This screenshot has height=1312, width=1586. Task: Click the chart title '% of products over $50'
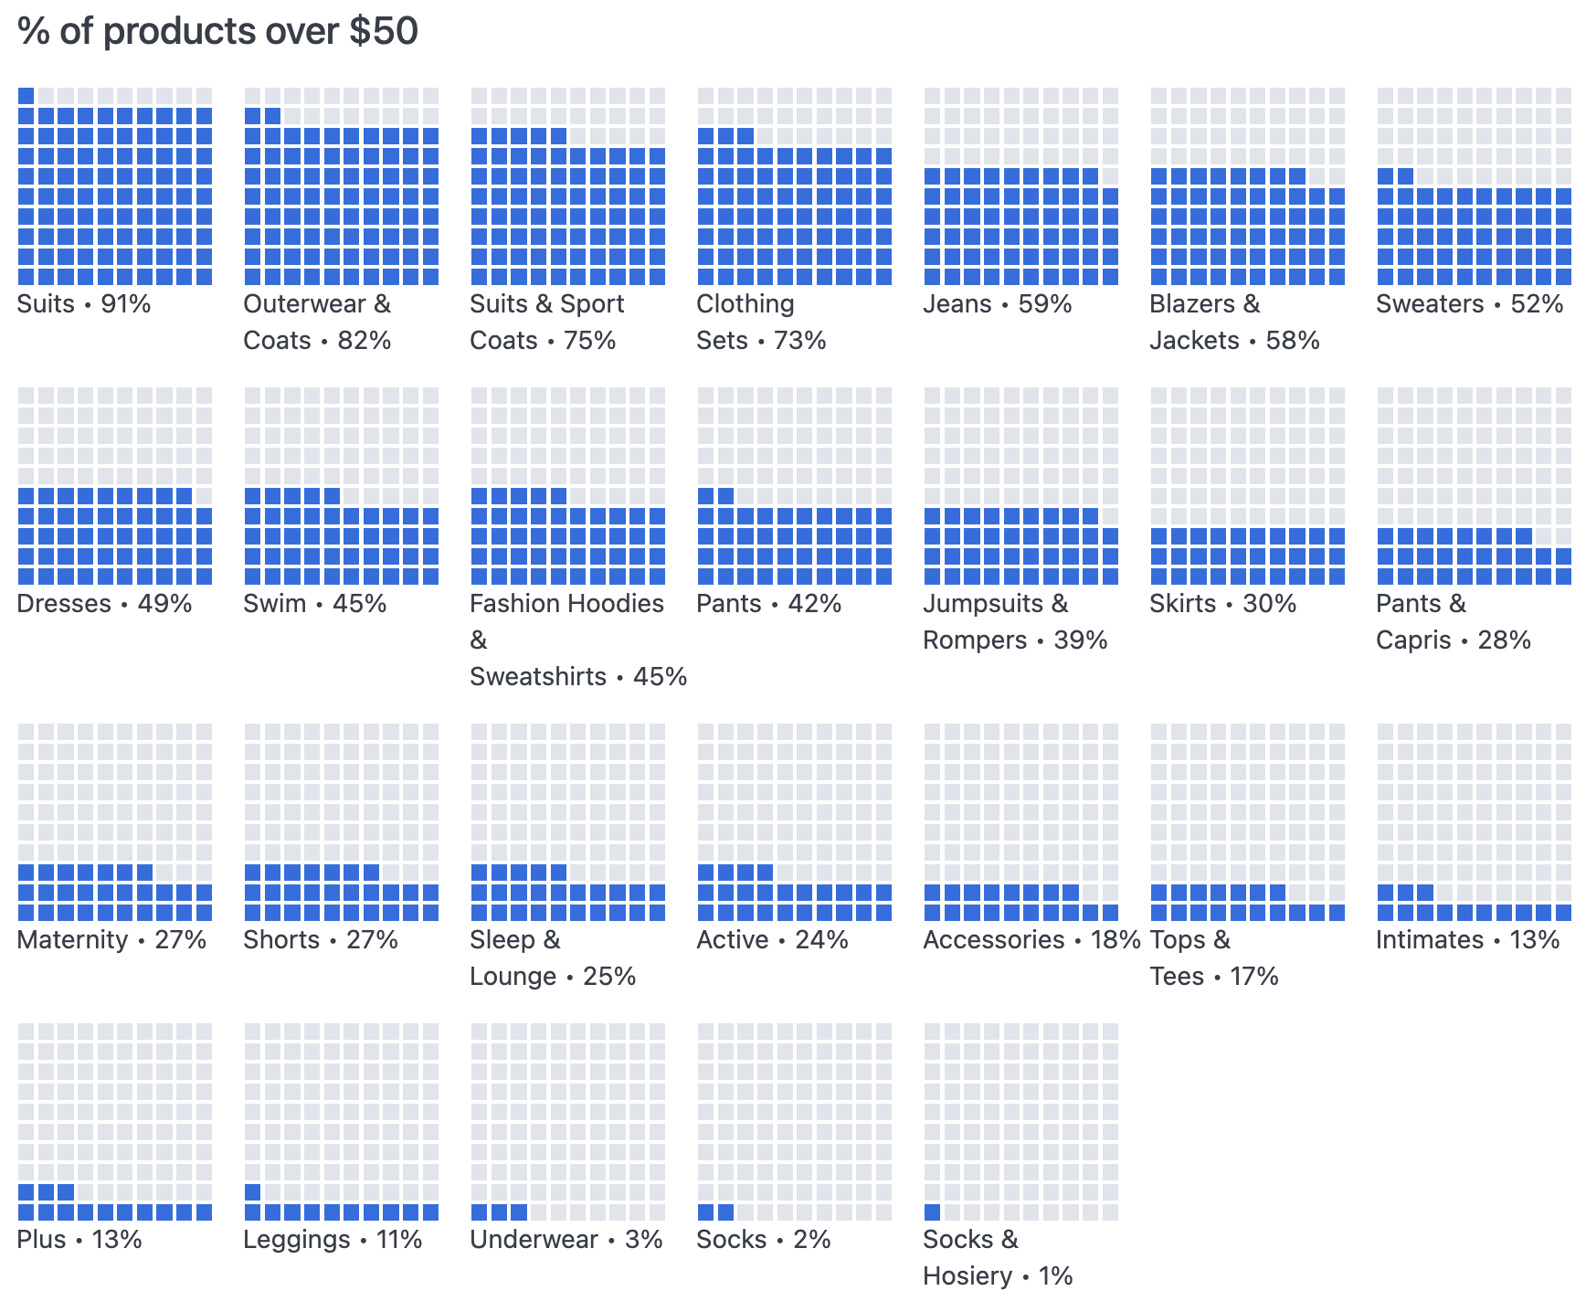click(217, 31)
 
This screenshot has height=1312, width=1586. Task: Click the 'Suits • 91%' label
click(84, 304)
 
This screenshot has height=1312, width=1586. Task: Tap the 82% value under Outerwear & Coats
click(365, 341)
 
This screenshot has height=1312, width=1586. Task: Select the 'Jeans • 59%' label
click(997, 304)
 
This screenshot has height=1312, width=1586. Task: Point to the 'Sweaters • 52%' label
click(1469, 304)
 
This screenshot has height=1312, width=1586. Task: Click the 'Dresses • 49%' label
click(104, 604)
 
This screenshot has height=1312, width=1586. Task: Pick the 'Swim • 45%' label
click(314, 604)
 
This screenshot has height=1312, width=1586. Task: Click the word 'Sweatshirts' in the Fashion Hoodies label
click(538, 677)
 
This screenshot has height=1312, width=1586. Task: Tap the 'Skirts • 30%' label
click(1222, 604)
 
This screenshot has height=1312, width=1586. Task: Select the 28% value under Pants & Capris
click(1504, 640)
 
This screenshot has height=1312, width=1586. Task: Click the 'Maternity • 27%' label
click(111, 940)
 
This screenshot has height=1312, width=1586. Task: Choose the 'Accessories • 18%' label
click(1031, 940)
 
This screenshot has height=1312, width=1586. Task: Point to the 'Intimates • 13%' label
click(1467, 940)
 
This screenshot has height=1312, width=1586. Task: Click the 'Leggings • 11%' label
click(333, 1240)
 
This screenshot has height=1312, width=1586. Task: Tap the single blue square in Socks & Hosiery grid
click(932, 1212)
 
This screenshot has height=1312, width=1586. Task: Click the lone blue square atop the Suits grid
click(26, 96)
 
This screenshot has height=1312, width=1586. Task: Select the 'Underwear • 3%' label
click(566, 1240)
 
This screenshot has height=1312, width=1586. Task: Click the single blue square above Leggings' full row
click(252, 1192)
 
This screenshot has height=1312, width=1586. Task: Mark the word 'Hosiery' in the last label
click(967, 1276)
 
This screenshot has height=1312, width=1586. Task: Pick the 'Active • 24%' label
click(772, 940)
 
